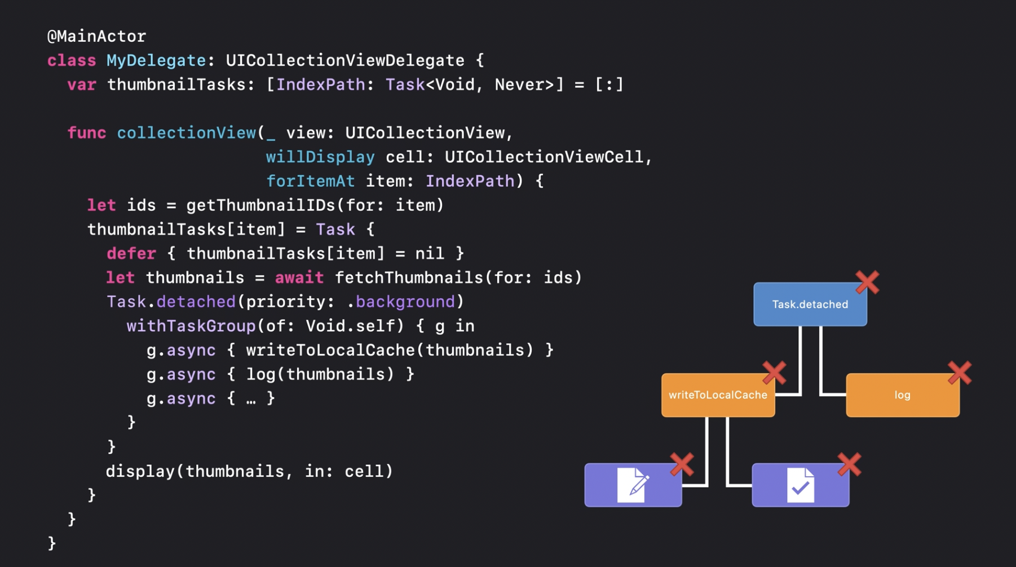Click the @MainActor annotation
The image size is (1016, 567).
[96, 37]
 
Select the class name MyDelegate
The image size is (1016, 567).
[156, 61]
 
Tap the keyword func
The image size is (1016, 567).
[86, 133]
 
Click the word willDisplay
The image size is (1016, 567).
[320, 157]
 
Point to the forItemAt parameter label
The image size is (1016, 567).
[310, 181]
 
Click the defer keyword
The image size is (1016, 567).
[131, 254]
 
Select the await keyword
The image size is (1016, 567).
[299, 278]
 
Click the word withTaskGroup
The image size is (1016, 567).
[191, 326]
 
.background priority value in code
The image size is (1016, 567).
[405, 302]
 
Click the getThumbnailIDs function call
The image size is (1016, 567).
[260, 206]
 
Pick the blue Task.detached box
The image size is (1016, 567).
[810, 304]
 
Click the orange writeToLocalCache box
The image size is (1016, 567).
[717, 395]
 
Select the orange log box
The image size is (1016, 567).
[902, 395]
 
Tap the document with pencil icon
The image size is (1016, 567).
[633, 485]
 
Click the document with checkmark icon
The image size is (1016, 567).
[800, 485]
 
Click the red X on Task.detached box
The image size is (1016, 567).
[867, 282]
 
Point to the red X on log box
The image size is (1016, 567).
[959, 373]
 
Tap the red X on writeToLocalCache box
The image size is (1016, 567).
[774, 373]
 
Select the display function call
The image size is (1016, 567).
[140, 472]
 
